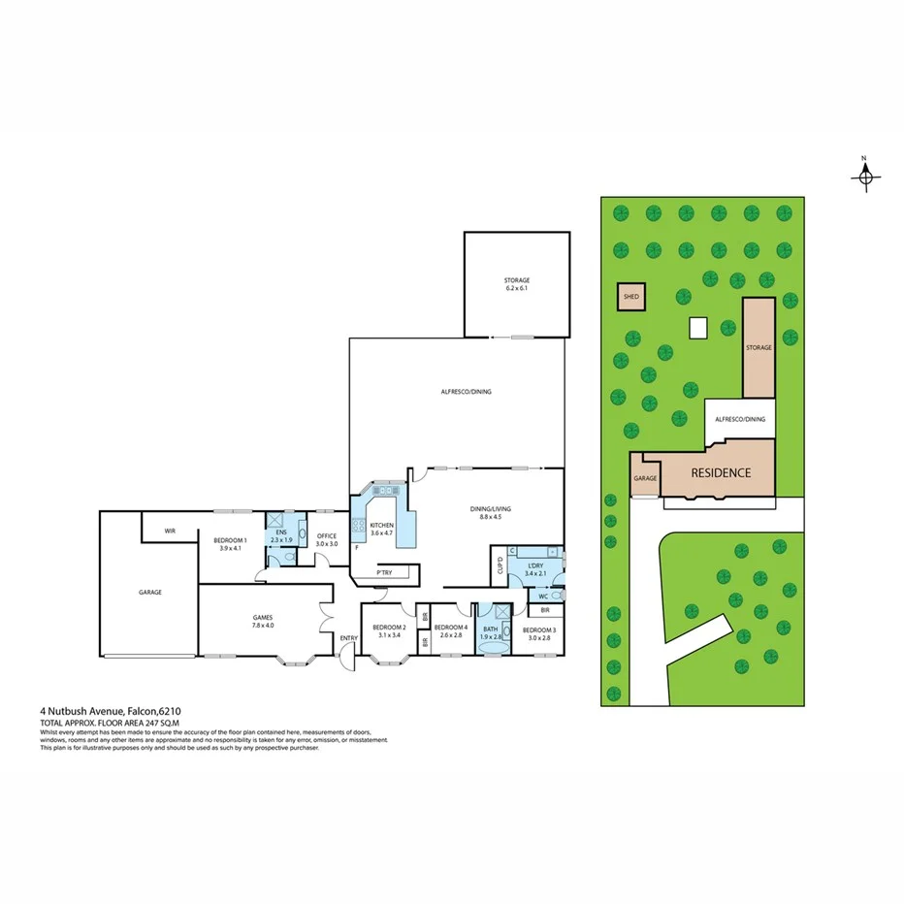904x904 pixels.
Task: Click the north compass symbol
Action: [x=865, y=176]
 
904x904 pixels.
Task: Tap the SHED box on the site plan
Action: [x=631, y=298]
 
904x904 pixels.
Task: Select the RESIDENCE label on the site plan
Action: [x=720, y=473]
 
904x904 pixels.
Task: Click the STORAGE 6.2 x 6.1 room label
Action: [x=516, y=284]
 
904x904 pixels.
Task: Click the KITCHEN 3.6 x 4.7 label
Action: [x=381, y=529]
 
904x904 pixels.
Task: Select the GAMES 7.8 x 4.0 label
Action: [x=263, y=621]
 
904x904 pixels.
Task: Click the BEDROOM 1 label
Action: [x=231, y=544]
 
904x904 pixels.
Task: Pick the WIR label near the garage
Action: [x=170, y=531]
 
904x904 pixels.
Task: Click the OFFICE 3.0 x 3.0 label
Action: [x=326, y=540]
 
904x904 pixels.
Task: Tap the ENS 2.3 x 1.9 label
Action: [x=281, y=536]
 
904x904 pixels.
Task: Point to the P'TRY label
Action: [x=384, y=573]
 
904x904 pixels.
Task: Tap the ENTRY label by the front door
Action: [x=348, y=637]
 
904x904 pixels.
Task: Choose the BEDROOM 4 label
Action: [x=452, y=631]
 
